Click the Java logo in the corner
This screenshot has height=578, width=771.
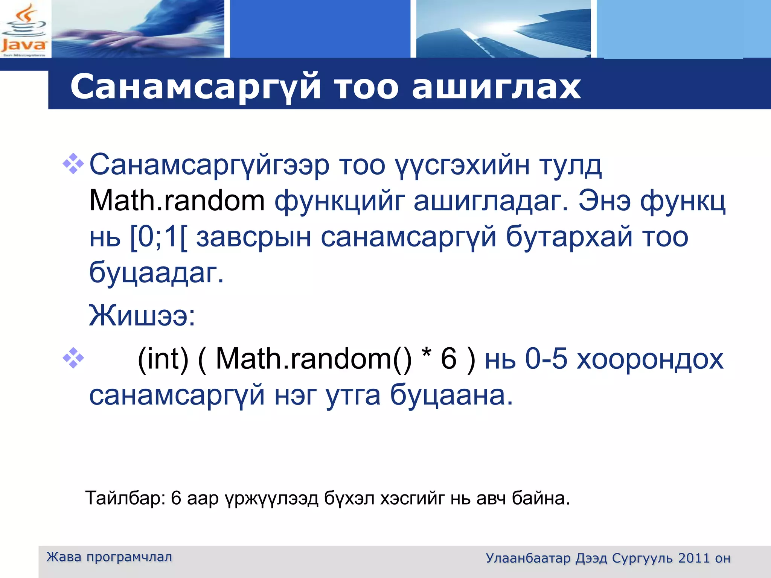tap(24, 30)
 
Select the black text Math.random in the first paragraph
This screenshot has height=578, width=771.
tap(177, 201)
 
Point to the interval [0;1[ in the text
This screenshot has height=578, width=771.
tap(158, 237)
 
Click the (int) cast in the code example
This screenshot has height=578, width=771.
tap(163, 359)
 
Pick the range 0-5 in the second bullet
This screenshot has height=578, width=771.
tap(546, 359)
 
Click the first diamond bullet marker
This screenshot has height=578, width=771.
tap(73, 164)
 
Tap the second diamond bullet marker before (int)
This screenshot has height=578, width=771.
tap(73, 358)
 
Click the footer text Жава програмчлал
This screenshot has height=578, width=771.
tap(109, 557)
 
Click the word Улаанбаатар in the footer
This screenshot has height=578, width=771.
tap(528, 558)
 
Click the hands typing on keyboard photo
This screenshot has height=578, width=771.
tap(137, 29)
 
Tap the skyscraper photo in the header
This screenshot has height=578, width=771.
tap(503, 29)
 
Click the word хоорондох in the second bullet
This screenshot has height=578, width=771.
tap(650, 359)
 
